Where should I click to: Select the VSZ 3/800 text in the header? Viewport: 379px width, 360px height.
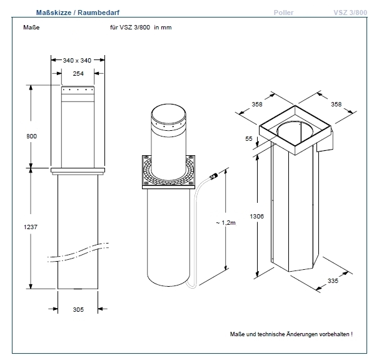tap(350, 12)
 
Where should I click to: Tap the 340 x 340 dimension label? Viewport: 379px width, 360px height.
tap(78, 60)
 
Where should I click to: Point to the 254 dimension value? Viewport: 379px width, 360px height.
tap(78, 73)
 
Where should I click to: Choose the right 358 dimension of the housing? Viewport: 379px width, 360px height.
tap(336, 105)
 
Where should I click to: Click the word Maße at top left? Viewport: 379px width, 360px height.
tap(31, 28)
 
